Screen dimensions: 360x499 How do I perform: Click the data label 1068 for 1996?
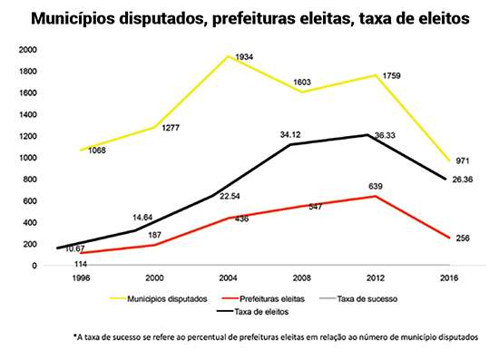(x=99, y=150)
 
